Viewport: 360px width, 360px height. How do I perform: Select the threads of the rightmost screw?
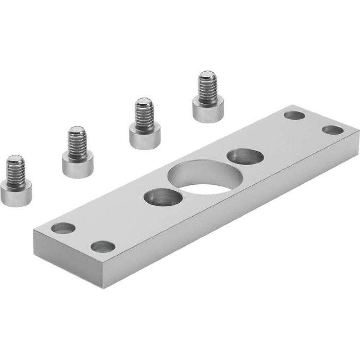pos(207,88)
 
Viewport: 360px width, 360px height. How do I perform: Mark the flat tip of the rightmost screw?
pos(207,75)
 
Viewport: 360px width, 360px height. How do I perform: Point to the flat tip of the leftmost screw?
pos(15,158)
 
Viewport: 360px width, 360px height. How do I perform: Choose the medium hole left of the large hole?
pos(163,198)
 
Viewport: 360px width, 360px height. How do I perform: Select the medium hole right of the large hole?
pos(245,157)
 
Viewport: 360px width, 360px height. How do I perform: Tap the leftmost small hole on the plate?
pos(63,228)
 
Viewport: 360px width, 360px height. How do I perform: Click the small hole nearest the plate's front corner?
pos(103,246)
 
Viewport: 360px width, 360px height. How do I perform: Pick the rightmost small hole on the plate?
pos(332,130)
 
